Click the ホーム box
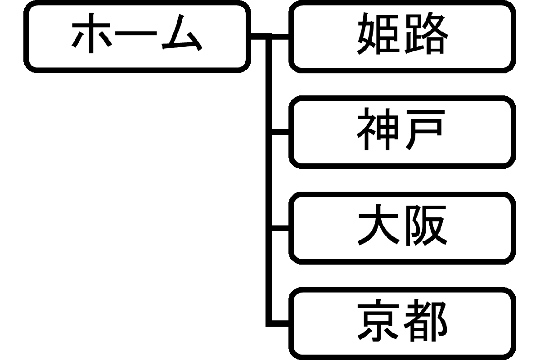[137, 36]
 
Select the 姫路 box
[402, 36]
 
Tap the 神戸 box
[402, 132]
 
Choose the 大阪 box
[402, 228]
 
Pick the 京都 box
[402, 323]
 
